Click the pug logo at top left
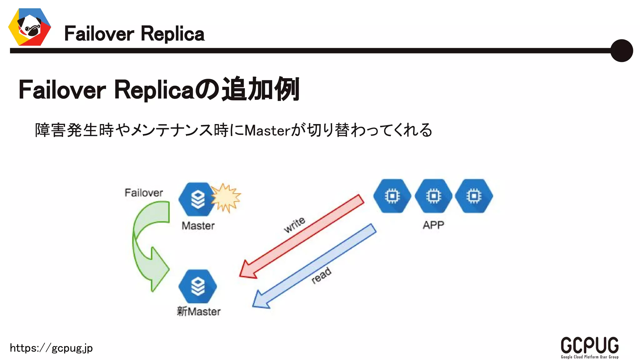point(30,27)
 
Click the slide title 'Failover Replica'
point(134,34)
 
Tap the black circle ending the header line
point(621,51)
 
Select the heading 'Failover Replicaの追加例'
point(159,90)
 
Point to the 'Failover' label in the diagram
point(144,193)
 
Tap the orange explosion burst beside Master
point(226,197)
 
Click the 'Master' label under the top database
point(198,226)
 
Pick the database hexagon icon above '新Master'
point(197,286)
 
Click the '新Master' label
point(199,311)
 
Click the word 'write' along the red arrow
point(294,224)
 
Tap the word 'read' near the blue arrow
point(321,275)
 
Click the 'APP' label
point(433,225)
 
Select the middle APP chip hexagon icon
point(433,196)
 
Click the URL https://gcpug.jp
point(51,348)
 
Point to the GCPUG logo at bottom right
point(589,347)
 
